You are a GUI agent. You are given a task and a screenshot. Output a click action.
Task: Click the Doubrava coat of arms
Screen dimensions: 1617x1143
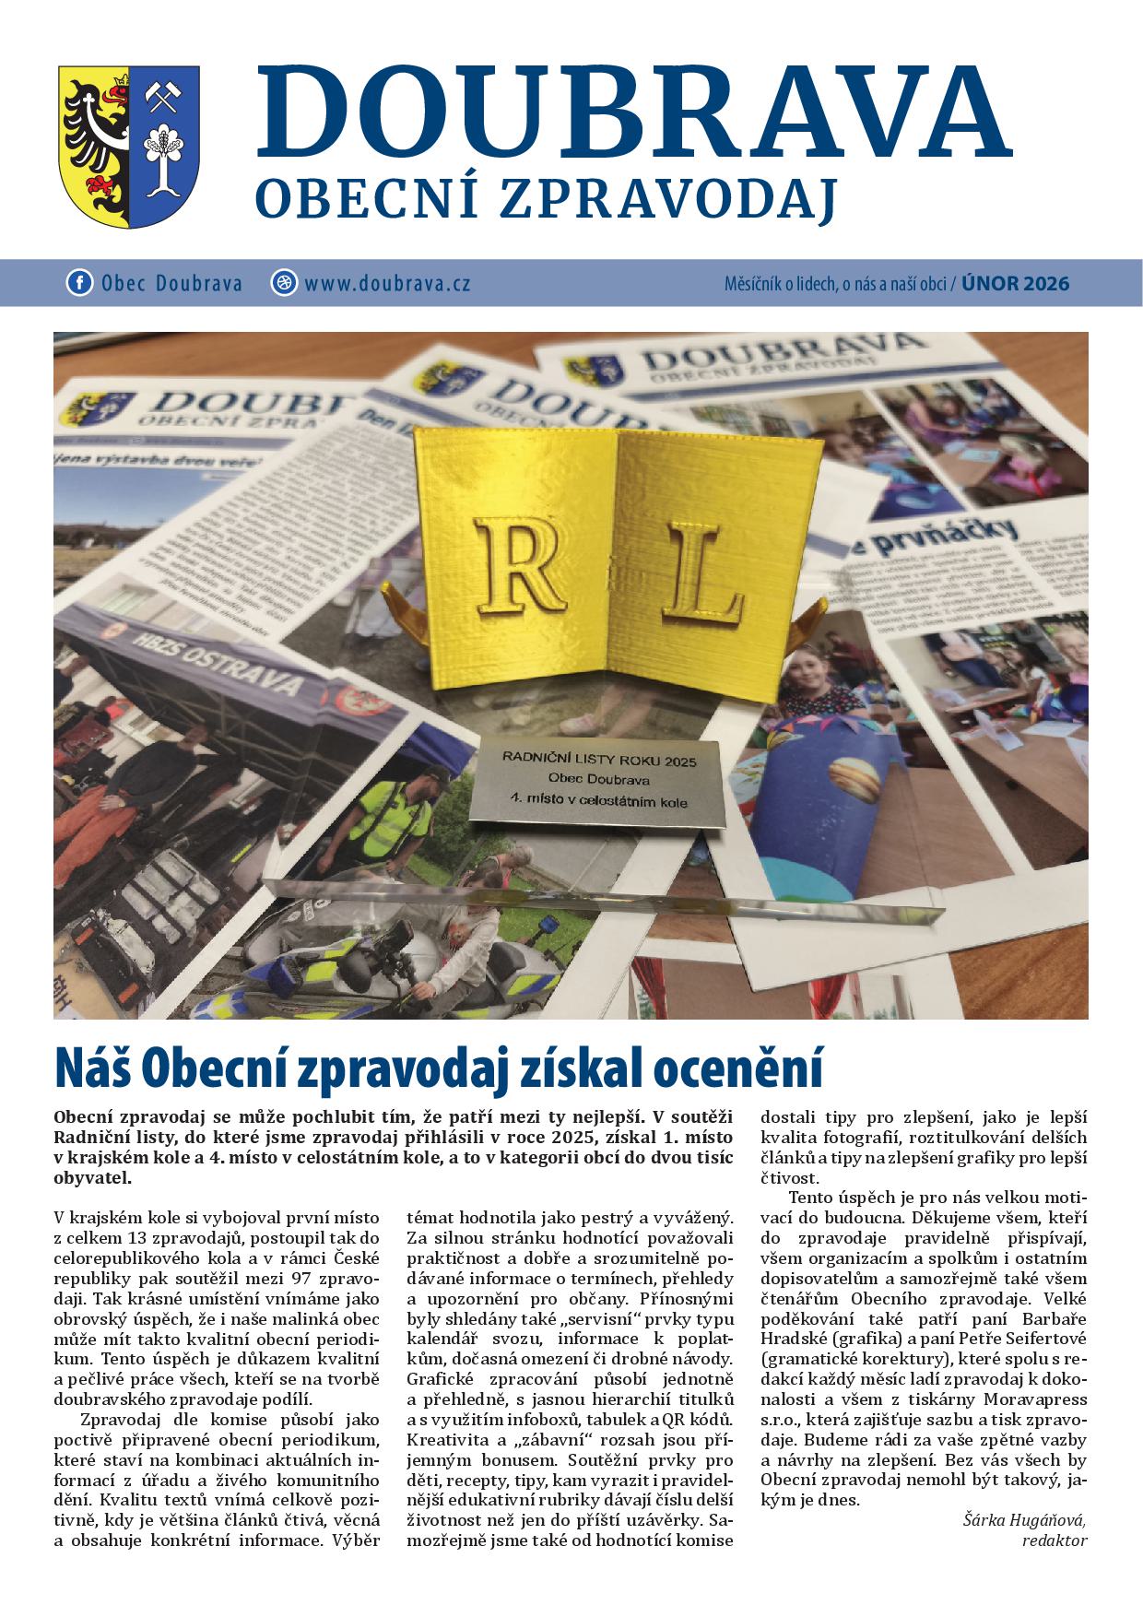click(129, 146)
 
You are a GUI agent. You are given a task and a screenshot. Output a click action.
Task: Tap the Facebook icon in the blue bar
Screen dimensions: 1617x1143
click(79, 282)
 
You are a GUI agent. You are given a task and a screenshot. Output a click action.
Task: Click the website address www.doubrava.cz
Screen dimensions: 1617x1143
click(387, 283)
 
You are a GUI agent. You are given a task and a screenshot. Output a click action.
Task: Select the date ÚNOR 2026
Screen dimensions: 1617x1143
click(1015, 283)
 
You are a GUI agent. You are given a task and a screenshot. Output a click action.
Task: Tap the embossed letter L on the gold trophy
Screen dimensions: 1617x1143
click(703, 572)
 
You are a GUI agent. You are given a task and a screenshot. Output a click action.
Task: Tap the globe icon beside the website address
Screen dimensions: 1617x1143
click(284, 282)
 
